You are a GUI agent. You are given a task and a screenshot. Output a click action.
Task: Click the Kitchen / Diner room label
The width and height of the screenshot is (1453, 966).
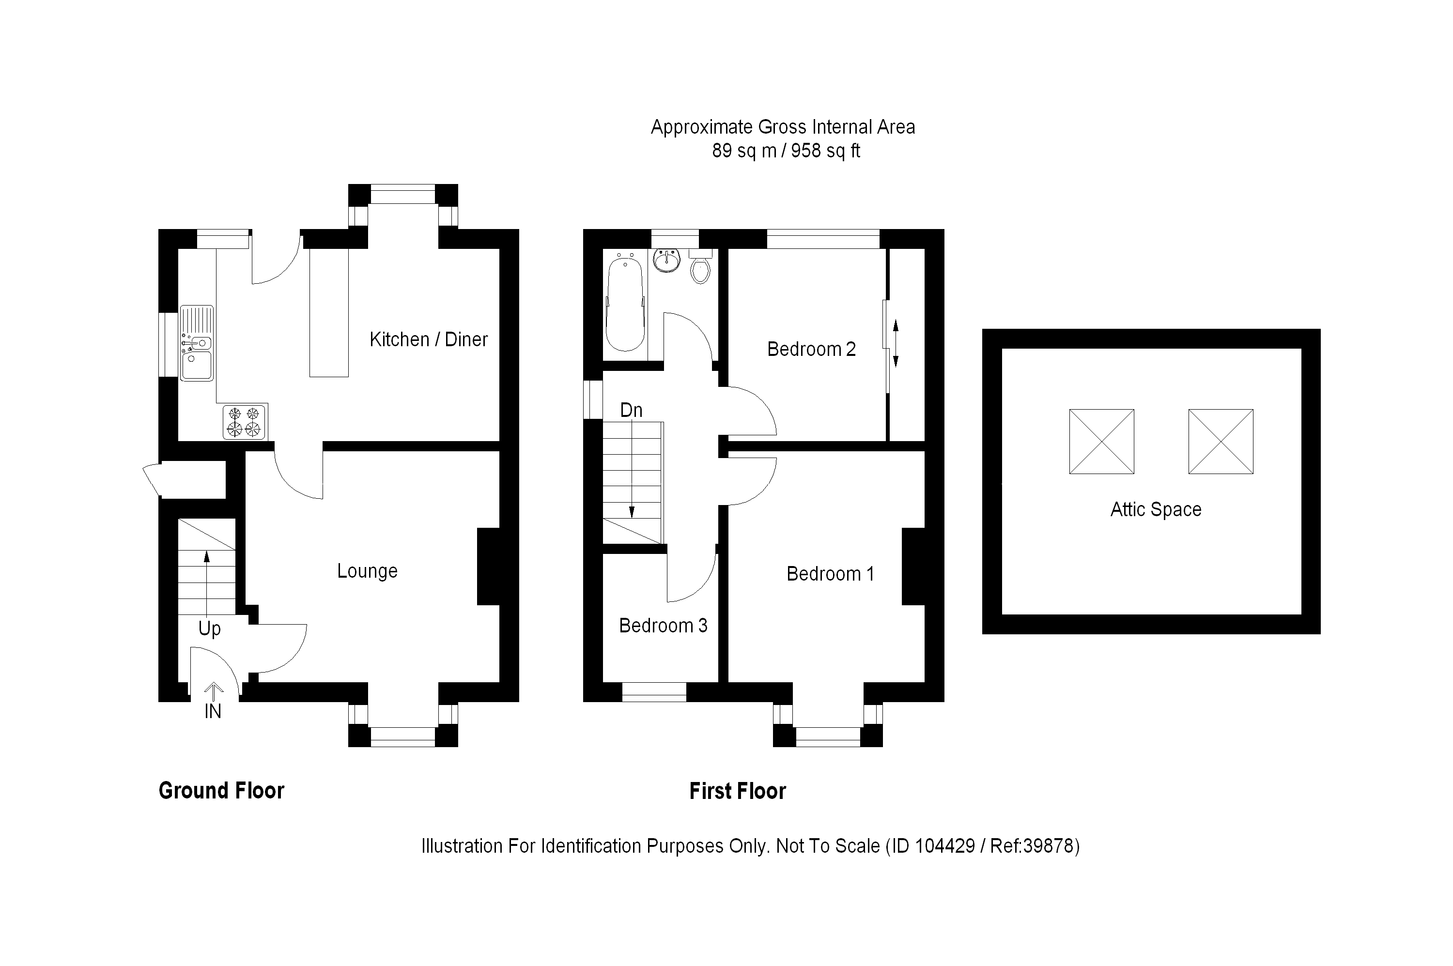pyautogui.click(x=428, y=339)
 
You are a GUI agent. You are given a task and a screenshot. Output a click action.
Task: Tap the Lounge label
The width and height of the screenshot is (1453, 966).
pyautogui.click(x=367, y=571)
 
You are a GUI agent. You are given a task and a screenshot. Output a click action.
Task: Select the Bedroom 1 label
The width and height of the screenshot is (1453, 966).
pyautogui.click(x=830, y=574)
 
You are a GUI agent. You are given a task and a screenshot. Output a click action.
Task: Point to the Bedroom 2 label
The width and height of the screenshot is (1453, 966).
pyautogui.click(x=811, y=349)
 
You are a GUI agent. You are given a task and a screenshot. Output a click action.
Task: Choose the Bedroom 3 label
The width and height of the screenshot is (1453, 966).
pyautogui.click(x=663, y=626)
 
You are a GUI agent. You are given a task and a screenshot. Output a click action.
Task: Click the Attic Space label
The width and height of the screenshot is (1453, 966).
pyautogui.click(x=1155, y=509)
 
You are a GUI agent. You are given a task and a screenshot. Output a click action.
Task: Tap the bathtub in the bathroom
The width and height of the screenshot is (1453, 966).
pyautogui.click(x=625, y=305)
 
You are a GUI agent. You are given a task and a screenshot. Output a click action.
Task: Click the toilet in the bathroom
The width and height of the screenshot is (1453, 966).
pyautogui.click(x=700, y=267)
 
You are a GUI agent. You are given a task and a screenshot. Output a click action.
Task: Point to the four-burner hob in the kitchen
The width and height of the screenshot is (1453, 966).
pyautogui.click(x=244, y=422)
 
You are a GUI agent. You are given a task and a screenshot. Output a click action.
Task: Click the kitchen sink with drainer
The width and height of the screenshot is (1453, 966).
pyautogui.click(x=197, y=343)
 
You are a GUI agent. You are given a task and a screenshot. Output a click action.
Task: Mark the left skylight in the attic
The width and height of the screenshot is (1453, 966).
pyautogui.click(x=1101, y=442)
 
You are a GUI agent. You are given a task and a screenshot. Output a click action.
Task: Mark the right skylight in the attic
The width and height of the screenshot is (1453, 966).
pyautogui.click(x=1220, y=442)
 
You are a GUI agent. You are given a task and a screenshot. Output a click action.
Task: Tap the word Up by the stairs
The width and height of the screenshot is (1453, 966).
pyautogui.click(x=210, y=629)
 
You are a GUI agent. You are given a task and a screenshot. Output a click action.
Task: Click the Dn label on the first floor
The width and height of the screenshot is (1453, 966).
pyautogui.click(x=631, y=410)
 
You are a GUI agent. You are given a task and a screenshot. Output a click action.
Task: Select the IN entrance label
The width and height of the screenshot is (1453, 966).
pyautogui.click(x=213, y=712)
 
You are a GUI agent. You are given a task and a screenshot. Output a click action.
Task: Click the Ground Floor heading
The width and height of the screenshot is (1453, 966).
pyautogui.click(x=221, y=791)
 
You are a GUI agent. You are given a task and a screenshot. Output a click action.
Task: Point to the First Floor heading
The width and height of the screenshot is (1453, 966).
pyautogui.click(x=737, y=792)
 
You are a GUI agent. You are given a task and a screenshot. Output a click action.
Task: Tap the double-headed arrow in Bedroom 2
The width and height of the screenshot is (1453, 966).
pyautogui.click(x=896, y=344)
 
